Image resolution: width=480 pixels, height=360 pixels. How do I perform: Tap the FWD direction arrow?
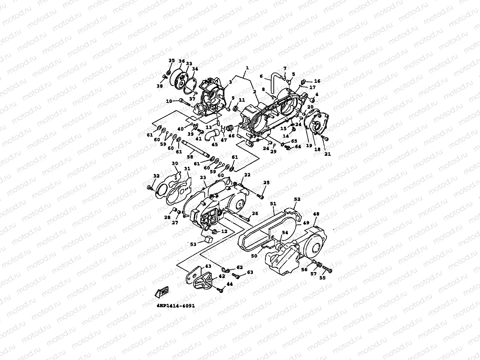(162, 292)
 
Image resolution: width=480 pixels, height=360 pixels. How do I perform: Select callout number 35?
(171, 61)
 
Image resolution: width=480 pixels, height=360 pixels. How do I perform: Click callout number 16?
(317, 81)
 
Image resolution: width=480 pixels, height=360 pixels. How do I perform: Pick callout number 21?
(327, 154)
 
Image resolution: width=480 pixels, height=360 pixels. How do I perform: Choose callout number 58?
(190, 157)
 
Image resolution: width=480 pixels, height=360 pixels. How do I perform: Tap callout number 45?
(215, 144)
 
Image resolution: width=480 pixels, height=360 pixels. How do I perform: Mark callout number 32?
(156, 176)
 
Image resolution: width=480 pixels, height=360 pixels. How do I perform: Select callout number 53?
(193, 244)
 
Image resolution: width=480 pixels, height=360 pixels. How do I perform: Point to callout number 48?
(316, 214)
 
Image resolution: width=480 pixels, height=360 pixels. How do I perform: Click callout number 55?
(323, 278)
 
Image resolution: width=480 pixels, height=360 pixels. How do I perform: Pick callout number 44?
(230, 284)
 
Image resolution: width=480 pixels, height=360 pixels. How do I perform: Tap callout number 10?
(169, 101)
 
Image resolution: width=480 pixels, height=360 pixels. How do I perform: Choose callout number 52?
(297, 200)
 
